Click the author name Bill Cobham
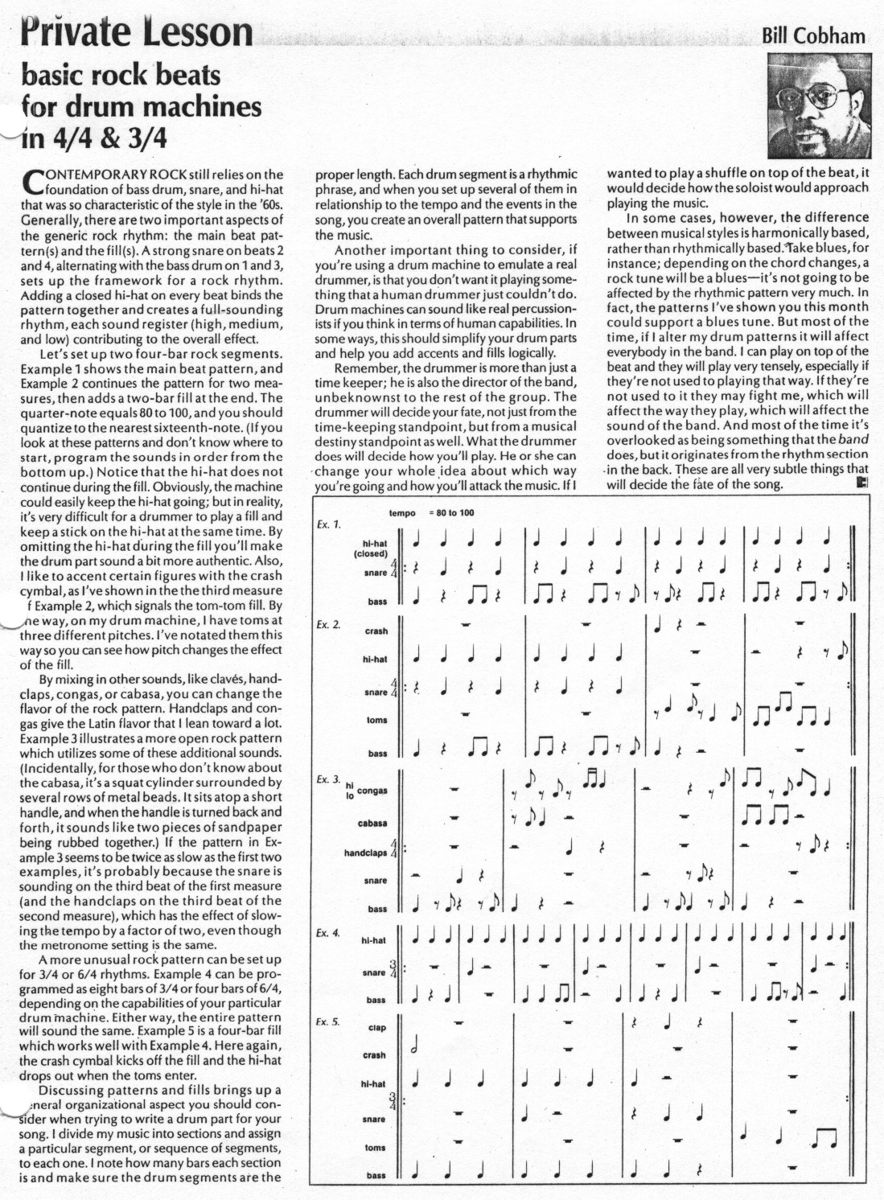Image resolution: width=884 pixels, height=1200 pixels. tap(813, 36)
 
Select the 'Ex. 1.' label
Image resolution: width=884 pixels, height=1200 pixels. tap(328, 524)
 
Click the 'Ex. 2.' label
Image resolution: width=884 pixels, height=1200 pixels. tap(328, 624)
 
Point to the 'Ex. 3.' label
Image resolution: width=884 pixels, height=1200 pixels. tap(328, 779)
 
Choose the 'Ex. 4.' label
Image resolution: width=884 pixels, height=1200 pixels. tap(328, 933)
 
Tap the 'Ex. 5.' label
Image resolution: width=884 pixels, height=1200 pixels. tap(328, 1022)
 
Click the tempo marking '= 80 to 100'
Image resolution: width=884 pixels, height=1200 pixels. tap(452, 513)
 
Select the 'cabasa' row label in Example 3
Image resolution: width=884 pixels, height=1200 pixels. tap(372, 824)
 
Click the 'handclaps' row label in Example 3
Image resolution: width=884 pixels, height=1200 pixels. tap(365, 853)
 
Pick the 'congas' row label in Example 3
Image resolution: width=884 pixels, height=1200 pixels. tap(372, 791)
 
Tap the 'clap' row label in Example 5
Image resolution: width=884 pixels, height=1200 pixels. tap(376, 1028)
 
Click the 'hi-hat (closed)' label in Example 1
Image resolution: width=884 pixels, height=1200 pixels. tap(372, 549)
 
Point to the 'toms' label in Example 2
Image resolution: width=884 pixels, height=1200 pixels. tap(376, 721)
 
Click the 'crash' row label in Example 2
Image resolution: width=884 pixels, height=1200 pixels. tap(376, 631)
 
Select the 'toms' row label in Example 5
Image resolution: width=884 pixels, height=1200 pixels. tap(375, 1148)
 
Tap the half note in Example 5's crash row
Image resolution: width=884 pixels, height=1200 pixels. tap(415, 1048)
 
